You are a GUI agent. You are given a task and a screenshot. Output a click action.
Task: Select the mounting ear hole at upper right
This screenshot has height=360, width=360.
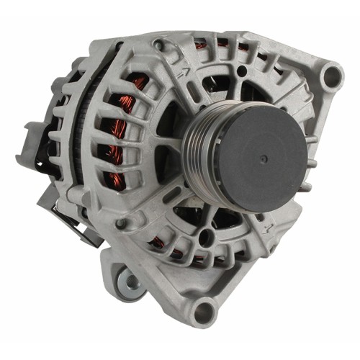pyautogui.click(x=330, y=76)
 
